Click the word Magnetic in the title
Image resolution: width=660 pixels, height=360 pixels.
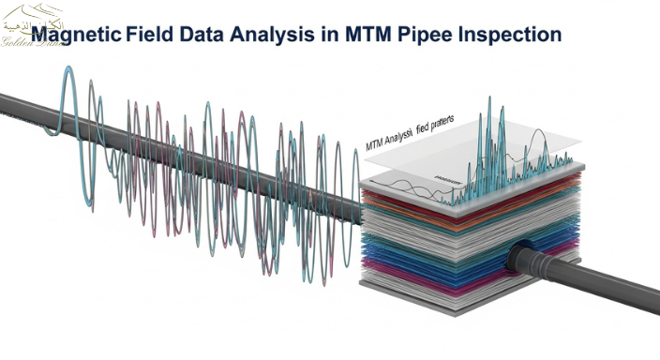tap(77, 35)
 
